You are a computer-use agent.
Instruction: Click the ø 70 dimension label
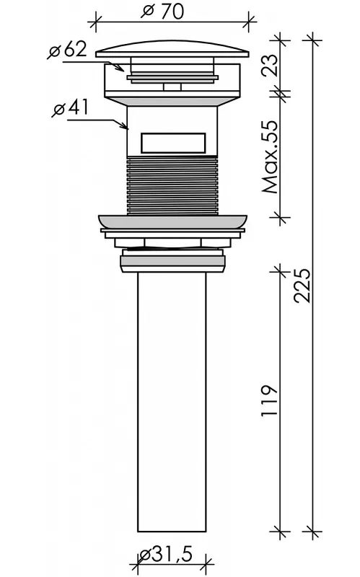pos(162,11)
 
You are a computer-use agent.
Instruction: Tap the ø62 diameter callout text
pos(67,50)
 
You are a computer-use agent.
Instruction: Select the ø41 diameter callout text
pos(71,107)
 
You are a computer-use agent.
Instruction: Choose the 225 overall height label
pos(302,286)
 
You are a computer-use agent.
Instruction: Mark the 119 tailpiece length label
pos(269,401)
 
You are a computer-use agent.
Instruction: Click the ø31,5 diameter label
pos(167,554)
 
